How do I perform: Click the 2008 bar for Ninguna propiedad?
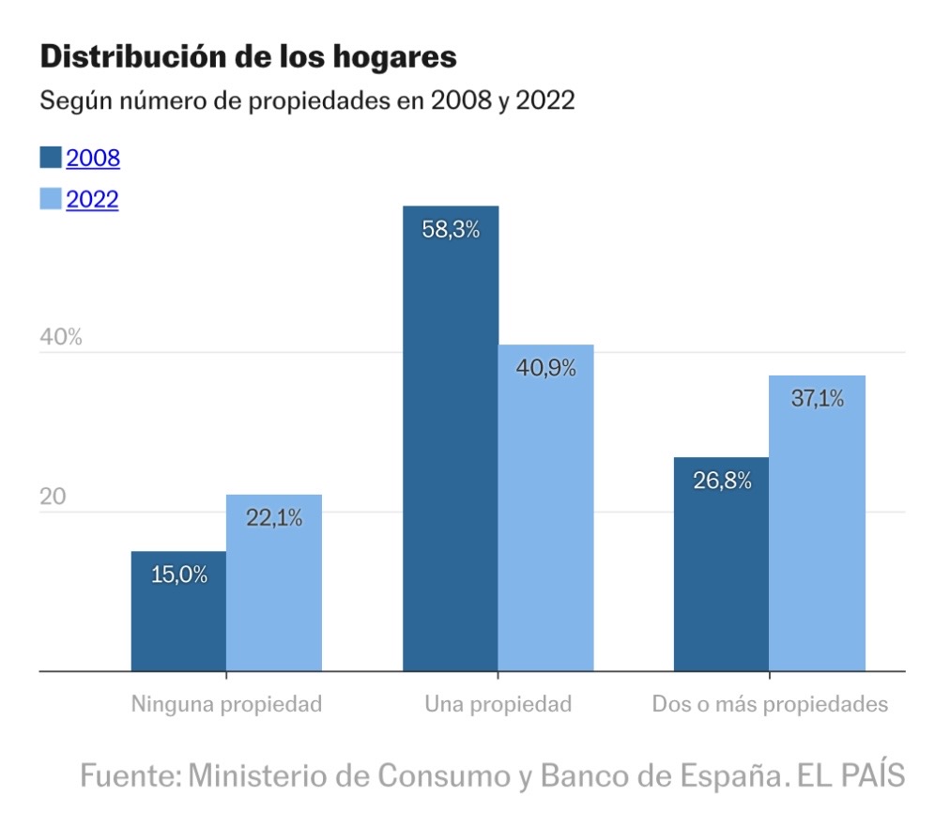click(178, 615)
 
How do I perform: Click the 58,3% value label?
click(451, 230)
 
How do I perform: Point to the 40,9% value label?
click(546, 368)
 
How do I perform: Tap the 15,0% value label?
click(179, 574)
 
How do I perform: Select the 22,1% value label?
click(274, 517)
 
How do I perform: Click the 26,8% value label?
click(722, 481)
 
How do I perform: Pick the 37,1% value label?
click(817, 398)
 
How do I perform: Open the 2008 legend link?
click(93, 158)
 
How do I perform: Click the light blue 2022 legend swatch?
click(51, 199)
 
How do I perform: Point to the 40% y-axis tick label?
click(61, 338)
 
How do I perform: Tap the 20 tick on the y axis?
click(54, 498)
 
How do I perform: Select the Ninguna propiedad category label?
click(226, 704)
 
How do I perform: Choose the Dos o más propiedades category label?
click(770, 704)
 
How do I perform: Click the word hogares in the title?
click(394, 57)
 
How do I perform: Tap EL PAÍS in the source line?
click(850, 776)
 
